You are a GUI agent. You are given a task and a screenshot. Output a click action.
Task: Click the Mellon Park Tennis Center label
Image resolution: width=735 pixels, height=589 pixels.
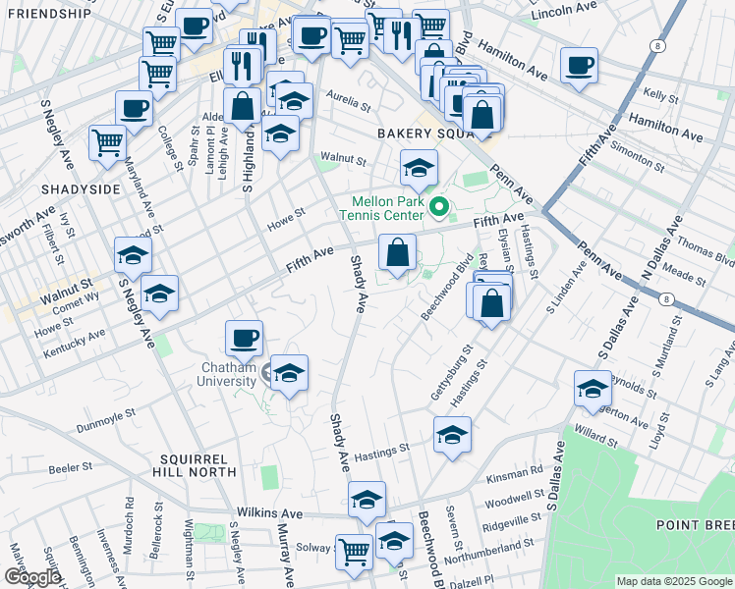point(382,207)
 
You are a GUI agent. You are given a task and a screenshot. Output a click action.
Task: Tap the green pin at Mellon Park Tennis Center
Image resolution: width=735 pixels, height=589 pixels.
point(440,207)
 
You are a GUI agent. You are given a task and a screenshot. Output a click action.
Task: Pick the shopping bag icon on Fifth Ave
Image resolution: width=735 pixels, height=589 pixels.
point(396,253)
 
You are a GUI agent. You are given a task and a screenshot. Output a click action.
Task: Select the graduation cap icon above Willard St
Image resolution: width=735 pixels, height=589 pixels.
point(593,389)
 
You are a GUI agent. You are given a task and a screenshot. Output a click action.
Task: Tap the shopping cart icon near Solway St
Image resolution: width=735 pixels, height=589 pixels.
point(353,551)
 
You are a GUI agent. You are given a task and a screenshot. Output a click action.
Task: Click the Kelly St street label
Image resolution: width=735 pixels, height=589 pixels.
point(660,97)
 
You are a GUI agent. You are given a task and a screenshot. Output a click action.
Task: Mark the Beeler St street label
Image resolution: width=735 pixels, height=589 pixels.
point(70,468)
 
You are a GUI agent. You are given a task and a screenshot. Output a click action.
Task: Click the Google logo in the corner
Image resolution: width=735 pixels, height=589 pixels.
point(31,577)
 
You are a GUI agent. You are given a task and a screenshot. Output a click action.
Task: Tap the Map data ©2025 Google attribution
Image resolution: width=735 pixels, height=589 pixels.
point(673,581)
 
